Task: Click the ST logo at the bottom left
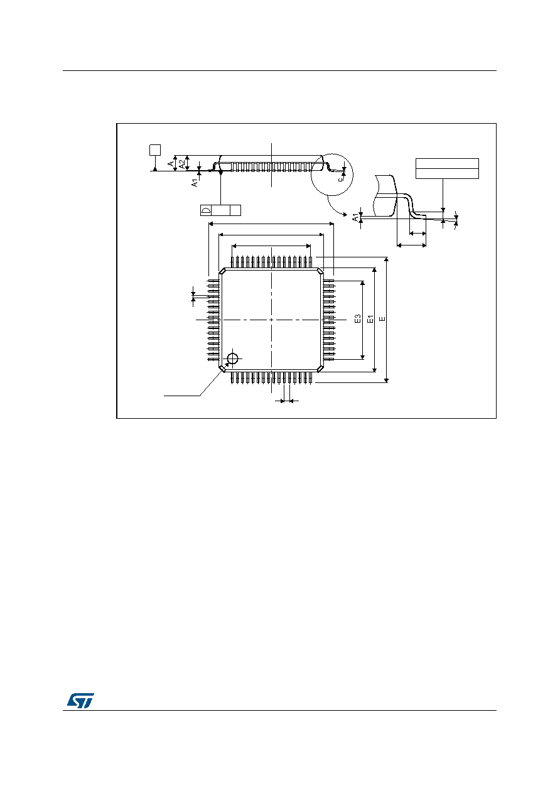81,700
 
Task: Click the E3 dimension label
357,318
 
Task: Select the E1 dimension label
370,319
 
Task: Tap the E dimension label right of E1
382,319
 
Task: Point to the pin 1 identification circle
232,359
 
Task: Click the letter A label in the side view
171,163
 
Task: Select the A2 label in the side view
181,164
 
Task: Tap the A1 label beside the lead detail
355,217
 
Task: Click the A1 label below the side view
195,183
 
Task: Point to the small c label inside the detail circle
340,179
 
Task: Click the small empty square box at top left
155,150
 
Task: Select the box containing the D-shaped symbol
206,210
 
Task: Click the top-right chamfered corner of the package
320,271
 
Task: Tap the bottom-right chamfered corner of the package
320,369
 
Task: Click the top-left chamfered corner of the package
223,271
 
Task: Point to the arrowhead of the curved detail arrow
345,214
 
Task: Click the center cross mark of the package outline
271,320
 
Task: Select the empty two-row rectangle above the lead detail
447,168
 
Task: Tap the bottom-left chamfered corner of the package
223,369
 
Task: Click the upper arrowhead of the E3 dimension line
362,283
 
